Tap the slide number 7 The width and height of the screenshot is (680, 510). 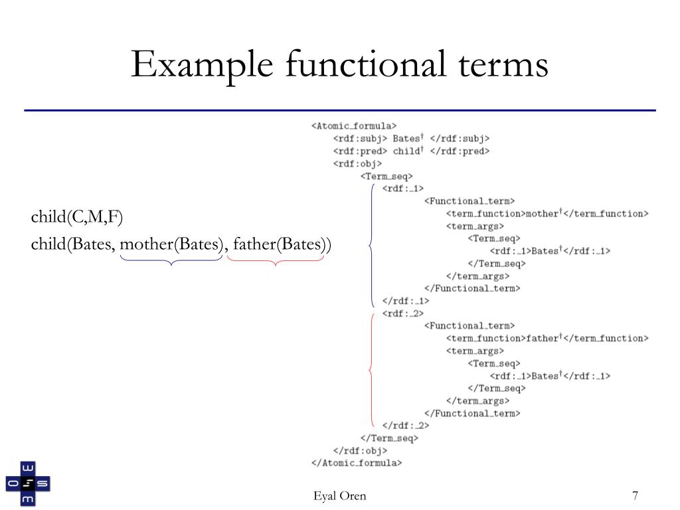(636, 496)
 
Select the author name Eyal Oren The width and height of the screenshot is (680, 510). (339, 496)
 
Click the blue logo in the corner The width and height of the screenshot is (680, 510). (28, 483)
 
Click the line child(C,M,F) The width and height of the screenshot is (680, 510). (77, 217)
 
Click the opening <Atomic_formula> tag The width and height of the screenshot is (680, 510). (353, 126)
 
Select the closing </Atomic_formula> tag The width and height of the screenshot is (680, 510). (356, 462)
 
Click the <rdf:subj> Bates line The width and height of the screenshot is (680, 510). (411, 138)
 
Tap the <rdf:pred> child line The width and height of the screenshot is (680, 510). (411, 151)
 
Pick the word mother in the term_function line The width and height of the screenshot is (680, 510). (542, 213)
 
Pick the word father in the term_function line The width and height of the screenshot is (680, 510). (542, 338)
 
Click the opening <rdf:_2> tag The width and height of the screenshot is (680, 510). (403, 313)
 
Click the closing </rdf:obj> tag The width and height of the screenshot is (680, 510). (360, 450)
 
